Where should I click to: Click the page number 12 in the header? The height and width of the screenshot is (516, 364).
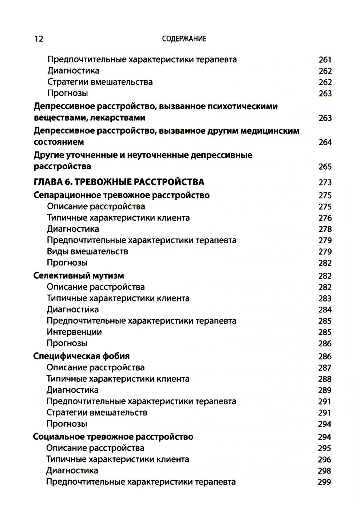pyautogui.click(x=38, y=39)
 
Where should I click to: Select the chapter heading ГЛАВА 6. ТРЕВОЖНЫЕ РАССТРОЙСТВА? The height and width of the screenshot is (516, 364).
pyautogui.click(x=119, y=182)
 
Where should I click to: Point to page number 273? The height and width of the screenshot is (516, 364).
pyautogui.click(x=325, y=182)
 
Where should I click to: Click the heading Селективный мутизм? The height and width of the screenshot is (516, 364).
pyautogui.click(x=79, y=276)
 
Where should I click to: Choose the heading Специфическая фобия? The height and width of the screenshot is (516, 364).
pyautogui.click(x=81, y=356)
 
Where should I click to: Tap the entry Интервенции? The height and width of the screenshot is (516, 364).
pyautogui.click(x=74, y=332)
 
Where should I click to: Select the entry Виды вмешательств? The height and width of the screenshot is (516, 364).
pyautogui.click(x=87, y=251)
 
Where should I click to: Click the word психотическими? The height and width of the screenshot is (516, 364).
pyautogui.click(x=242, y=106)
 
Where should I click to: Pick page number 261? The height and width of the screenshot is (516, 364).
pyautogui.click(x=325, y=60)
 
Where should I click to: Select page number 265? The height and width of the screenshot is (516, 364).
pyautogui.click(x=325, y=167)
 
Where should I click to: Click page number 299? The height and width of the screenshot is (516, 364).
pyautogui.click(x=324, y=482)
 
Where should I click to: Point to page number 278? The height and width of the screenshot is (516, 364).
pyautogui.click(x=325, y=229)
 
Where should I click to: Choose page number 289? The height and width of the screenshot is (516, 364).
pyautogui.click(x=324, y=390)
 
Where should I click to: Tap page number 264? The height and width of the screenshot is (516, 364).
pyautogui.click(x=325, y=142)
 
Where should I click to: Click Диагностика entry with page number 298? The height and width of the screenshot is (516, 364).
pyautogui.click(x=72, y=470)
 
